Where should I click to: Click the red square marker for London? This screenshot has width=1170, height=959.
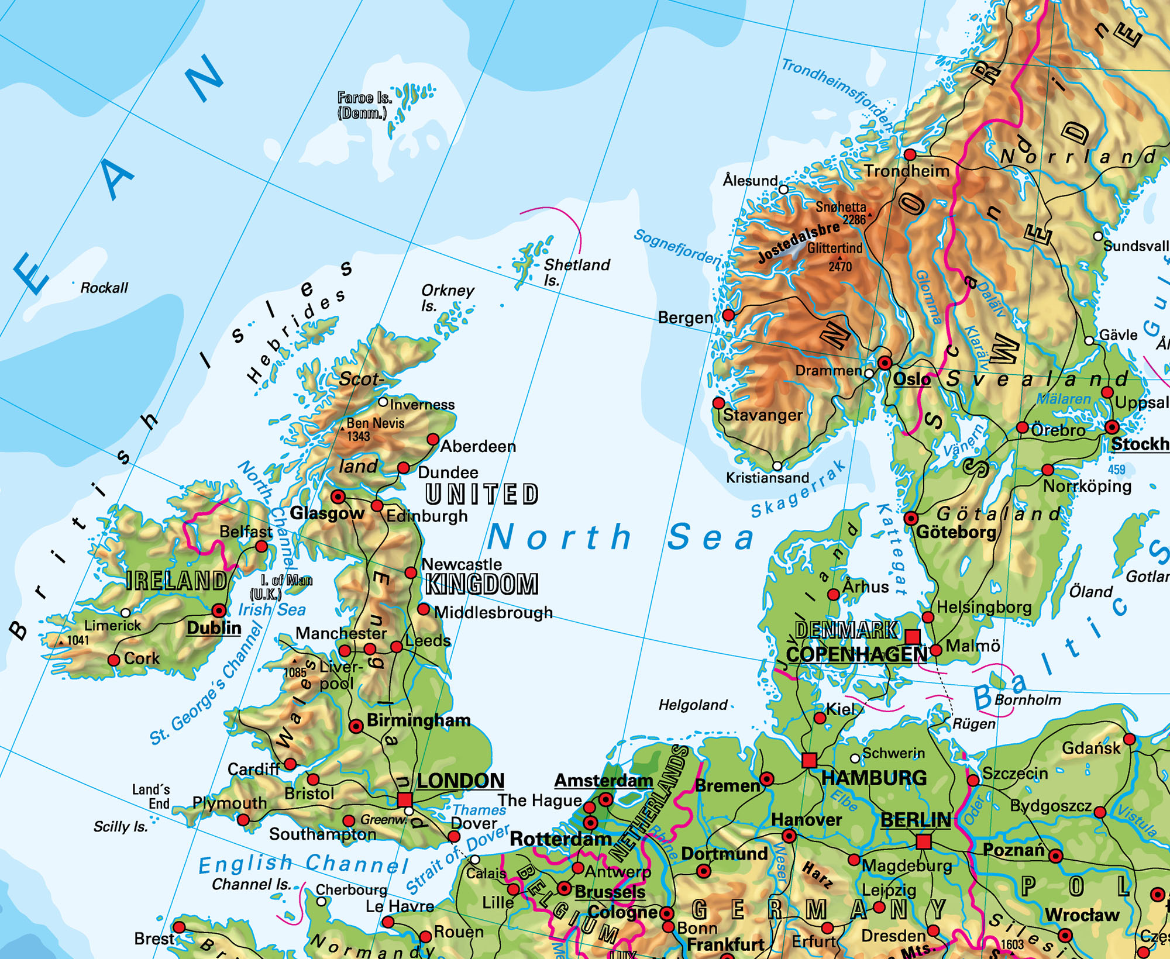point(404,799)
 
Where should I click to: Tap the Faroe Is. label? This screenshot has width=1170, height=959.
point(364,105)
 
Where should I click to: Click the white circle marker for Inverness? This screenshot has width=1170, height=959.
point(383,402)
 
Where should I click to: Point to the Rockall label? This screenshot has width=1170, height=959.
point(104,288)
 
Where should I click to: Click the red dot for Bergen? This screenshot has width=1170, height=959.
point(728,315)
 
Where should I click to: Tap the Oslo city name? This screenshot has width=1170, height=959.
point(911,380)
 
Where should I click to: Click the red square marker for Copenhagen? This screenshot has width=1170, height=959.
point(913,636)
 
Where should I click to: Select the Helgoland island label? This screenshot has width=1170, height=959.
point(693,705)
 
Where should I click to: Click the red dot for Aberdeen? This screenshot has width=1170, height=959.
point(433,439)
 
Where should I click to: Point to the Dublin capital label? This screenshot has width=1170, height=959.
point(214,628)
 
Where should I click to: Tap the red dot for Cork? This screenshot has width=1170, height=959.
point(114,660)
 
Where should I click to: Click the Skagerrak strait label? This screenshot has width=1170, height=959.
point(799,490)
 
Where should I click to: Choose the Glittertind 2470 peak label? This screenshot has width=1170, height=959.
point(835,256)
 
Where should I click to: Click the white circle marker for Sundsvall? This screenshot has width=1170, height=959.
point(1098,236)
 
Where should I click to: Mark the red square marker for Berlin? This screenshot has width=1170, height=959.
point(924,842)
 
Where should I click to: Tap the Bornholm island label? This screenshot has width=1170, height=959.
point(1028,700)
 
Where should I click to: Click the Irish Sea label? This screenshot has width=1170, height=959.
point(271,610)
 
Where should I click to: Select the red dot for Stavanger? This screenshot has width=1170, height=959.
point(719,403)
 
